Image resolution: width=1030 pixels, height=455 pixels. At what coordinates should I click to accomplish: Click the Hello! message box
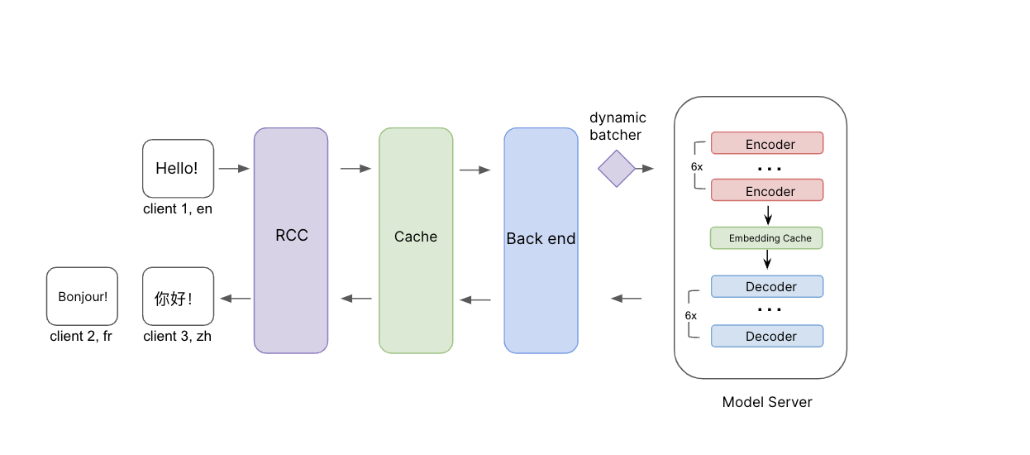click(178, 169)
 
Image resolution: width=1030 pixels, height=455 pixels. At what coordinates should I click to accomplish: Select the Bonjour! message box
click(83, 296)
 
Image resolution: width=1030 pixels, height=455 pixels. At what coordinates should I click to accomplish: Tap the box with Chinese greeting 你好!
click(178, 296)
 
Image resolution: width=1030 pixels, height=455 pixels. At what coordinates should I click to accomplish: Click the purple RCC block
click(291, 241)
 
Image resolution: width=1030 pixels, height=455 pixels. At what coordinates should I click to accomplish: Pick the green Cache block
click(416, 241)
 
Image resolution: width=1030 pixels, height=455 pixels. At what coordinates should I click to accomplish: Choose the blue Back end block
click(541, 241)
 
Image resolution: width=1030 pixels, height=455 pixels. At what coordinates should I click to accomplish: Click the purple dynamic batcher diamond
click(617, 169)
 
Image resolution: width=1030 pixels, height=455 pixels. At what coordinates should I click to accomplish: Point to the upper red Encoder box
click(767, 143)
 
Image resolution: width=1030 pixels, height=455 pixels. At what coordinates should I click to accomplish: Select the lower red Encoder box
click(767, 190)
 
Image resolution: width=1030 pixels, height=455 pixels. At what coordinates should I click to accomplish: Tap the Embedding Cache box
click(766, 238)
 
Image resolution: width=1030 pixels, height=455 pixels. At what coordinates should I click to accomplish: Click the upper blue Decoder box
click(767, 286)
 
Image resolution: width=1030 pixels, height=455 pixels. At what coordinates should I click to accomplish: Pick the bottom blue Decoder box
click(767, 336)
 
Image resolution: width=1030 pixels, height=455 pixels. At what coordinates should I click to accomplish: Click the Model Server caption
click(767, 402)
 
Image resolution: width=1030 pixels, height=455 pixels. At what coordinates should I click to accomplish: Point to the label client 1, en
click(178, 208)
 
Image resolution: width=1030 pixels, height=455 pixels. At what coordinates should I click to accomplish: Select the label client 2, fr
click(81, 337)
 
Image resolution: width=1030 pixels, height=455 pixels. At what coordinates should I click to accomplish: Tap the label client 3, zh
click(178, 337)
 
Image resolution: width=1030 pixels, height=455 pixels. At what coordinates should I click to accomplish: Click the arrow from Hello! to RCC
click(234, 169)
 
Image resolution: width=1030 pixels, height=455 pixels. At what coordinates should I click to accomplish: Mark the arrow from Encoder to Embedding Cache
click(768, 215)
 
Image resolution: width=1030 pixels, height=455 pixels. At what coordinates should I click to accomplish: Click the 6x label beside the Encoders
click(697, 166)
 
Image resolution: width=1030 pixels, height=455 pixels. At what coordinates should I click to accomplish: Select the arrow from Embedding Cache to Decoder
click(767, 259)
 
